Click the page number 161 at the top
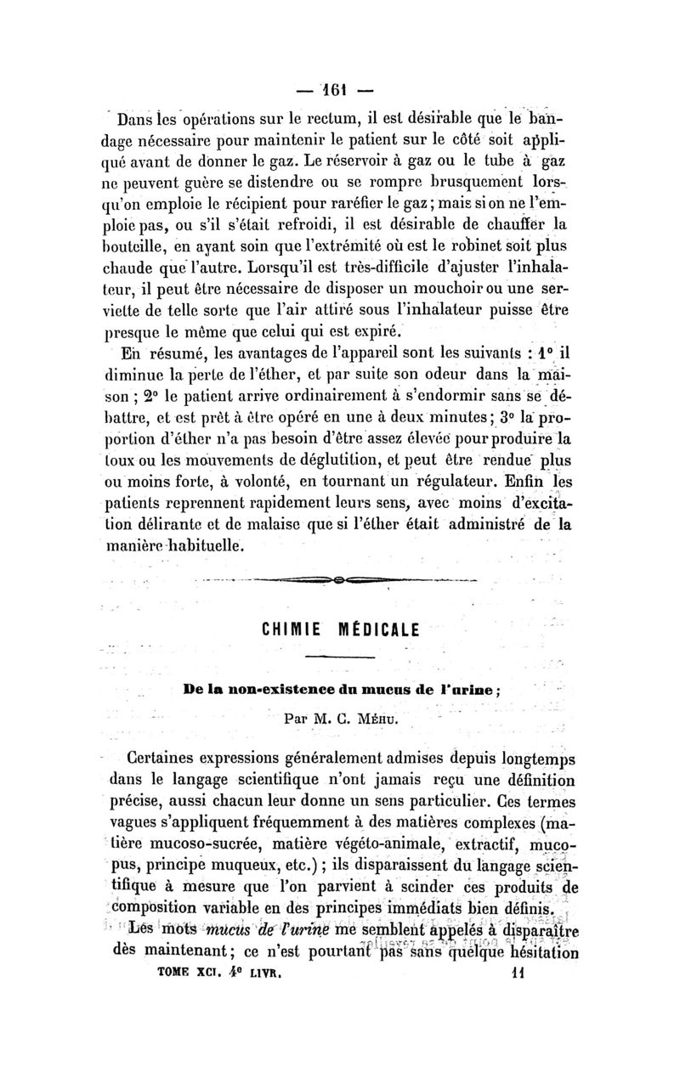(x=339, y=88)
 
